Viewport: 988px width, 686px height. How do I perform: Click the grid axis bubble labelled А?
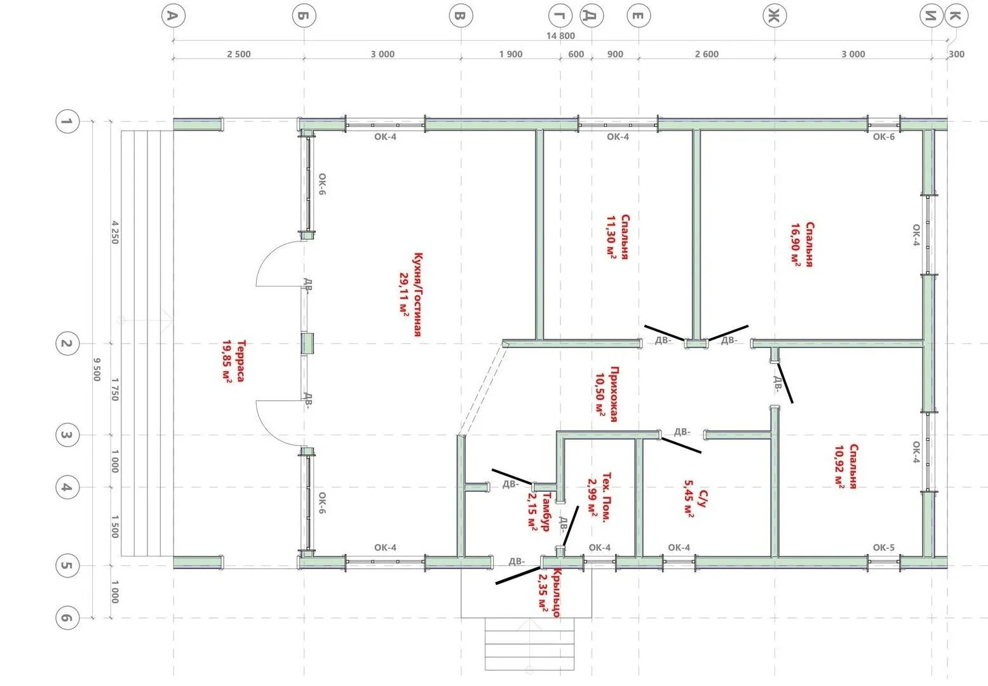[173, 15]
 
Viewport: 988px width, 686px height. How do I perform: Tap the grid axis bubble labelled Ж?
[775, 15]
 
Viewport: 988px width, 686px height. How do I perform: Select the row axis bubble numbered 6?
[67, 617]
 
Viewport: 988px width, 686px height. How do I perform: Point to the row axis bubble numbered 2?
[67, 344]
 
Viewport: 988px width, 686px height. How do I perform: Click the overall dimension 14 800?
[560, 36]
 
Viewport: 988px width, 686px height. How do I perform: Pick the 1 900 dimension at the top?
[511, 54]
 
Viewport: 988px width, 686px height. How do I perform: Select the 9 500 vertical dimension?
[97, 370]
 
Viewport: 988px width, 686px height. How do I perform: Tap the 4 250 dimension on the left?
[114, 232]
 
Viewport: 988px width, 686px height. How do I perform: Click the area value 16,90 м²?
[795, 245]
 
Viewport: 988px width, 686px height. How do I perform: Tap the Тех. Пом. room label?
[607, 497]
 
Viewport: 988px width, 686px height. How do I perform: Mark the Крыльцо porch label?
[557, 593]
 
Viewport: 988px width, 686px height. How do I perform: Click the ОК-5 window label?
[884, 547]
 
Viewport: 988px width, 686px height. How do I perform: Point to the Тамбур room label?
[546, 511]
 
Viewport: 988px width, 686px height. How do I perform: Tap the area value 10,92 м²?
[839, 466]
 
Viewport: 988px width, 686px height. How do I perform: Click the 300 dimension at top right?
[956, 54]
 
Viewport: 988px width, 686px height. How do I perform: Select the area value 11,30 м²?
[611, 237]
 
